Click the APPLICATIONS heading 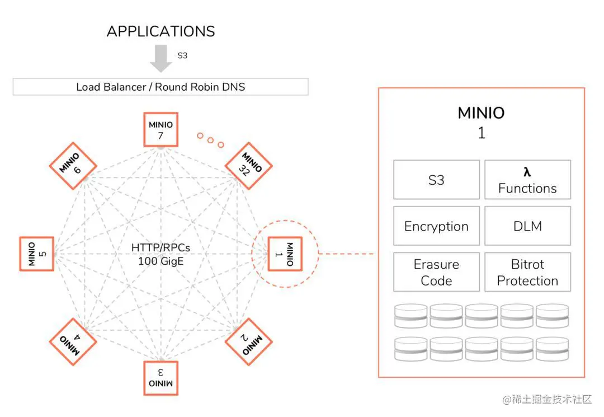pos(161,31)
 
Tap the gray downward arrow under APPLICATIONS pos(161,58)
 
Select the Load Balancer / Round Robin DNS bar pos(161,87)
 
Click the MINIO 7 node pos(161,130)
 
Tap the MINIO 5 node pos(37,254)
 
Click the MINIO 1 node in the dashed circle pos(285,254)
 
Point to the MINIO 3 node pos(161,378)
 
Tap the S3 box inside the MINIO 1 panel pos(436,180)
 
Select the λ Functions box pos(527,180)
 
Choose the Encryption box pos(436,226)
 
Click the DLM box pos(527,226)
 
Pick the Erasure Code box pos(436,272)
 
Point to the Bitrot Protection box pos(527,272)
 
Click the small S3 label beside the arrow pos(182,55)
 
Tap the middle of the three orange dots pos(210,139)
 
